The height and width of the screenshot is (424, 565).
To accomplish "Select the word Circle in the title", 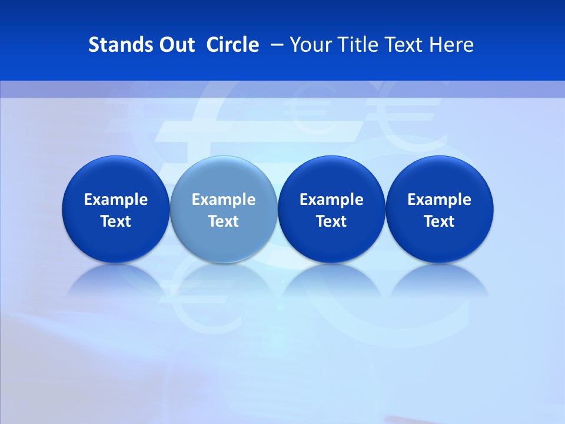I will coord(232,45).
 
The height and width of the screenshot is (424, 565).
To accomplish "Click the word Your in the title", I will coord(310,45).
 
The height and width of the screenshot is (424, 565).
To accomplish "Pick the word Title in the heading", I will coord(357,45).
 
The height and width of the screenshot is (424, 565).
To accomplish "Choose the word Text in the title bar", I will coord(403,45).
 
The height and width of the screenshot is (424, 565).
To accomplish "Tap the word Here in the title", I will coord(451,45).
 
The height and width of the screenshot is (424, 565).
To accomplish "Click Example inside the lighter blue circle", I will coord(224,200).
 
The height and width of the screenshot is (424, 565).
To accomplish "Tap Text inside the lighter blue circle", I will coord(224,221).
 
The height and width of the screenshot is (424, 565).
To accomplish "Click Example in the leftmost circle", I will coord(116,200).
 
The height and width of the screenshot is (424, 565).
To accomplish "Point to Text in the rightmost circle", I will coord(440,221).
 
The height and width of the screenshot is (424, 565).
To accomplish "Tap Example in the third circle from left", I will coord(332,200).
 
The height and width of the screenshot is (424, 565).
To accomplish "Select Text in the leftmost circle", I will coord(116,221).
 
